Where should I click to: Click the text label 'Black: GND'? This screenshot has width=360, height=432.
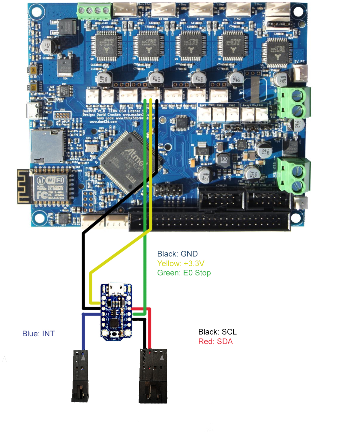(177, 254)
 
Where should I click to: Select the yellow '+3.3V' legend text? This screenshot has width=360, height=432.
(181, 263)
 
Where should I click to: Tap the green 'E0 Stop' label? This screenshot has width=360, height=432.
(184, 273)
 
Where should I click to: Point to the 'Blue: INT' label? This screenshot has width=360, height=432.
(38, 334)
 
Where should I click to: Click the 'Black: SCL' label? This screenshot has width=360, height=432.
(217, 332)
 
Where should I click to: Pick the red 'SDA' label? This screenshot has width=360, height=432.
(215, 341)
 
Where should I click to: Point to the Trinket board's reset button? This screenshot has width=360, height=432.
(114, 334)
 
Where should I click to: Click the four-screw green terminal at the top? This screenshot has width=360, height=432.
(94, 11)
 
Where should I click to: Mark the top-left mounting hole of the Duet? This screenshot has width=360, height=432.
(36, 12)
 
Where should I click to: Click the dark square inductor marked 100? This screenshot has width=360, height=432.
(224, 159)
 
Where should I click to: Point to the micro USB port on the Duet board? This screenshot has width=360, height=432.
(32, 111)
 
